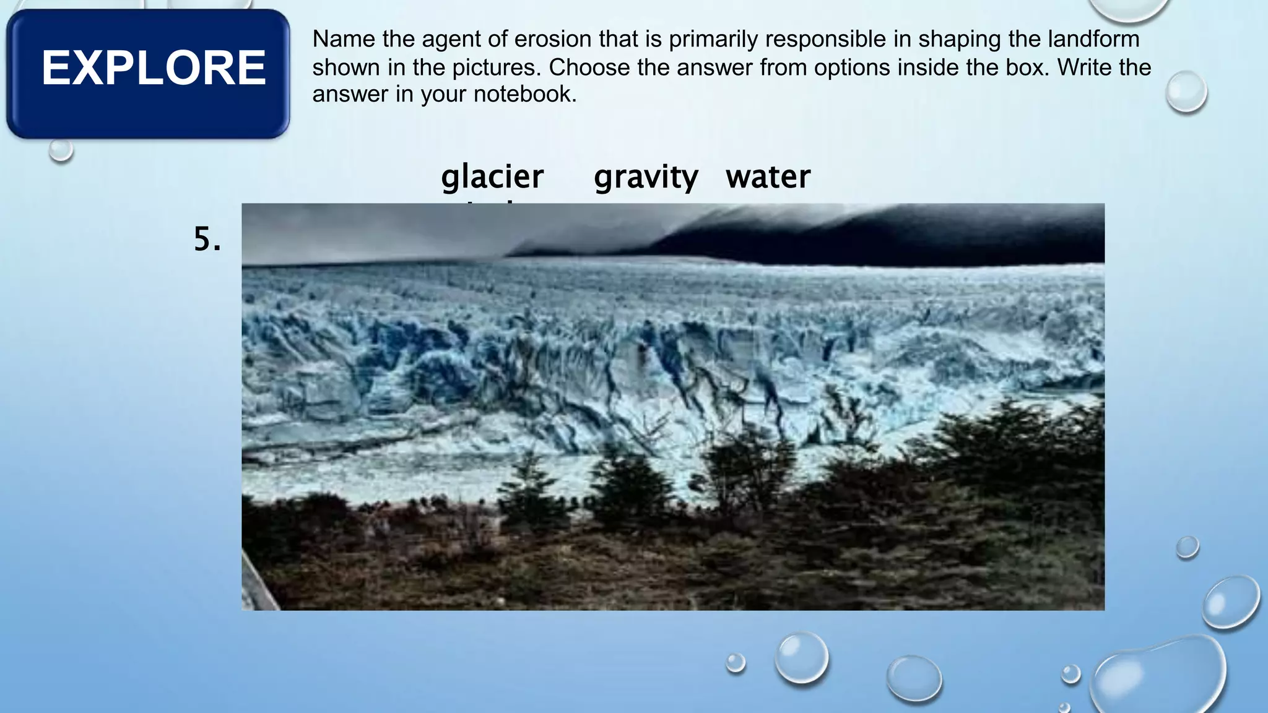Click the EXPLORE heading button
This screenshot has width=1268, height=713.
149,73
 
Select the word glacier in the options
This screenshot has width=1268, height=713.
492,177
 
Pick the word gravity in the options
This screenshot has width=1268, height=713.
646,177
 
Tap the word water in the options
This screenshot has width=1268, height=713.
768,177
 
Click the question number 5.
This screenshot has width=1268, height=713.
207,239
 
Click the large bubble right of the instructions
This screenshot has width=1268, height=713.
1186,92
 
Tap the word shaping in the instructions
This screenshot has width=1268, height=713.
959,40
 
